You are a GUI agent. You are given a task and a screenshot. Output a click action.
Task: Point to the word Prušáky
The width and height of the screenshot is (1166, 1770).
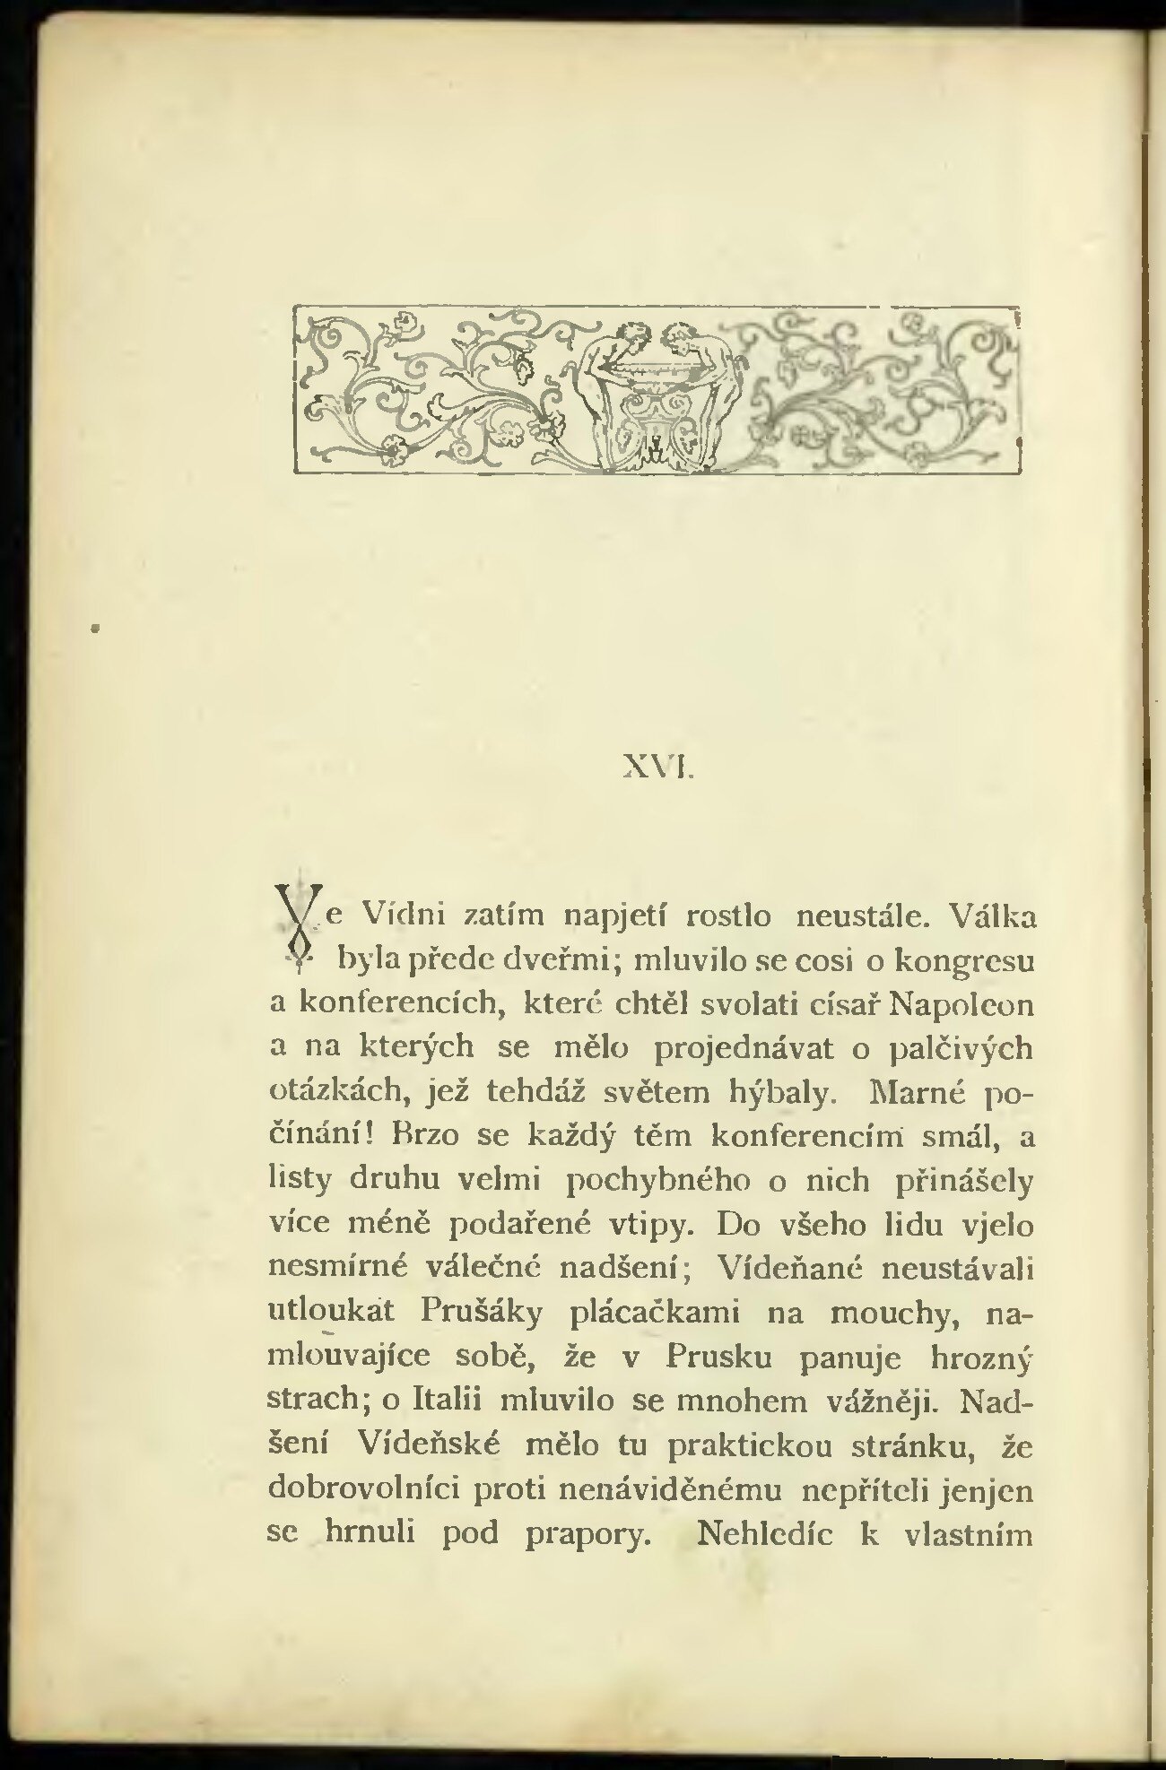coord(482,1313)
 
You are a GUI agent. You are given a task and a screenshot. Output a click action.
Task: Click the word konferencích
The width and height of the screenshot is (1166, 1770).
coord(398,1004)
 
